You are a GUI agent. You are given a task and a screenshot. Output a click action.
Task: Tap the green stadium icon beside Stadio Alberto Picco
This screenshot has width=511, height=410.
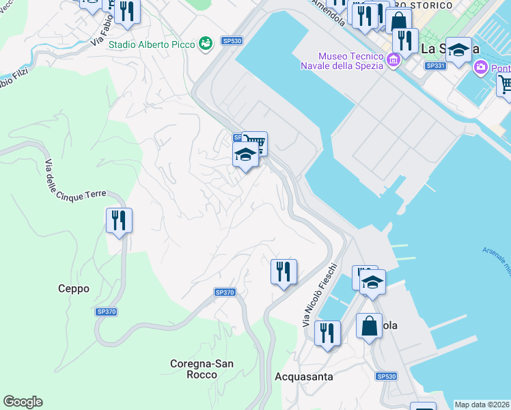(x=204, y=44)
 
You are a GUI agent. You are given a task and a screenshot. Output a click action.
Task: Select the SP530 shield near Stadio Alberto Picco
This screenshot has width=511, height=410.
(x=232, y=41)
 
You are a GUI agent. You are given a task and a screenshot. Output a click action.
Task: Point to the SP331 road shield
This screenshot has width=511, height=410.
(x=434, y=66)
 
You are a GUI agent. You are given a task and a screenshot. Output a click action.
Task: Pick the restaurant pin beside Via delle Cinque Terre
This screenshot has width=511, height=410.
(x=119, y=221)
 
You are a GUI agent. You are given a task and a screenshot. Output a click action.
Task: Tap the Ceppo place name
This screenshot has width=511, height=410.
(x=74, y=289)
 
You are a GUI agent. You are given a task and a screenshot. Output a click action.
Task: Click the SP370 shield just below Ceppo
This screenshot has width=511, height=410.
(x=106, y=312)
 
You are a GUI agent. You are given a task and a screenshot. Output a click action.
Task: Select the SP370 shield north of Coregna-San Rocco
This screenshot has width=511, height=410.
(x=225, y=292)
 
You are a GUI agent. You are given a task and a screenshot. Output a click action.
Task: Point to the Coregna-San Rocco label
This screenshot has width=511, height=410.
(x=204, y=369)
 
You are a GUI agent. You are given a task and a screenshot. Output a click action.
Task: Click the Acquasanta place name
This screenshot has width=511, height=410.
(x=303, y=377)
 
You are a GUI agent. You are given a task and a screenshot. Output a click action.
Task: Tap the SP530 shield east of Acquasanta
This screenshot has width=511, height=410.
(x=386, y=377)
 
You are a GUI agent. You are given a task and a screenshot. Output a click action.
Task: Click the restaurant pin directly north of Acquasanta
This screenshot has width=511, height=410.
(x=327, y=334)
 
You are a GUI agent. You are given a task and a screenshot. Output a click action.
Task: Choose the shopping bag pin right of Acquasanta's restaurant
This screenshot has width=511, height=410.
(x=369, y=327)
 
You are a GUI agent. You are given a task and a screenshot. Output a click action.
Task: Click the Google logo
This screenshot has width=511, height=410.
(x=23, y=402)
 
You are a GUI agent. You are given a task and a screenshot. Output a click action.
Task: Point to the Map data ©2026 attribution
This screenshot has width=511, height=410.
(x=482, y=405)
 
